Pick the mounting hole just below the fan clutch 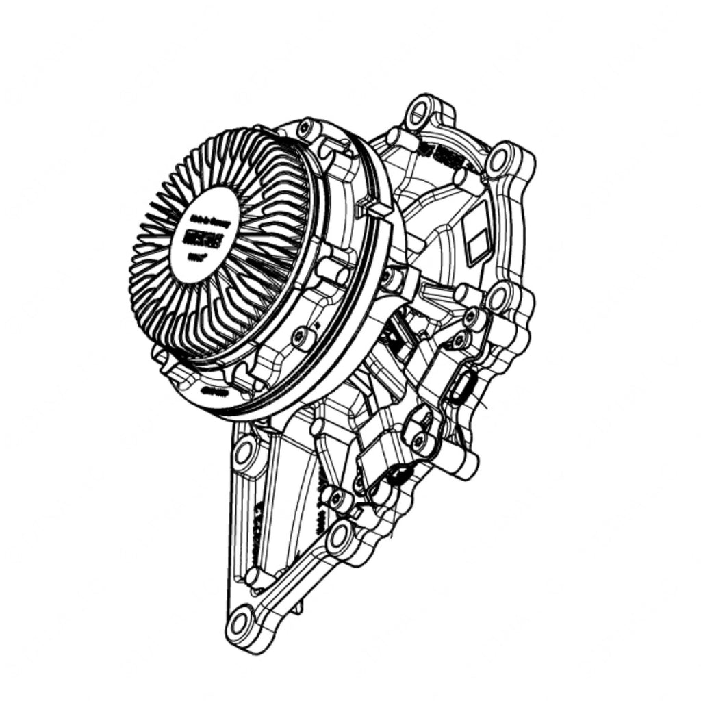(x=244, y=451)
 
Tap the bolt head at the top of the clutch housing (x=305, y=126)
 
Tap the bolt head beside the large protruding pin (x=418, y=442)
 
